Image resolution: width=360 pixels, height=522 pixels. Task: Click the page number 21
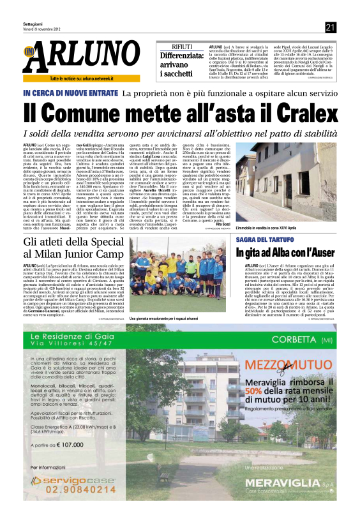(x=330, y=27)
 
